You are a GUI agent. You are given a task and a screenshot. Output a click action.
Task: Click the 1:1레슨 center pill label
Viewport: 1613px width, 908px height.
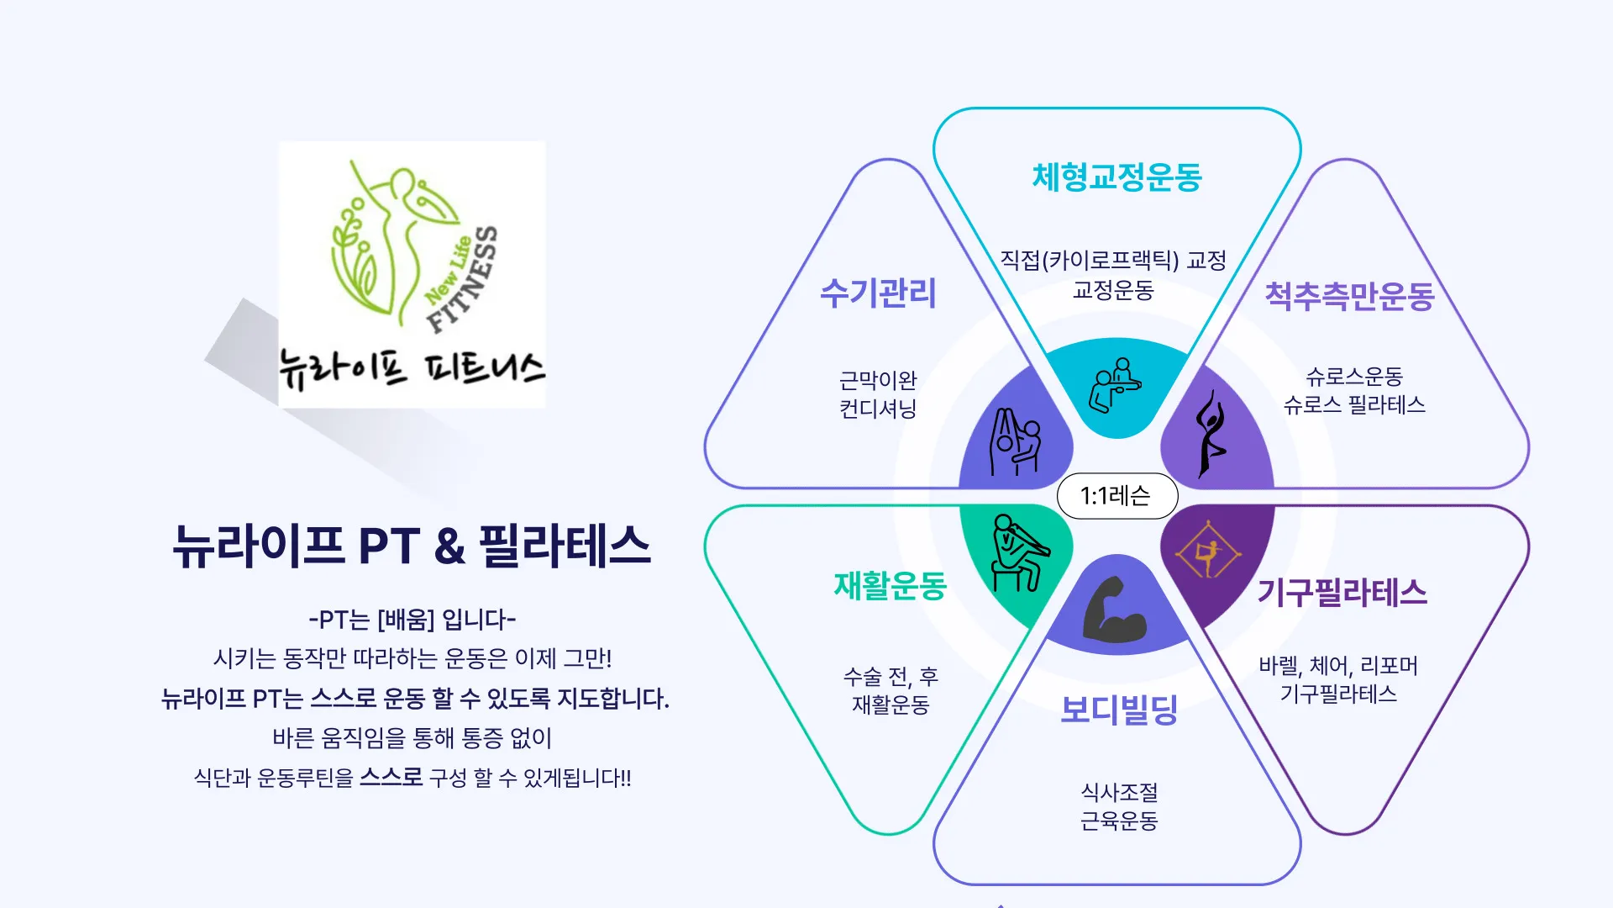click(x=1116, y=496)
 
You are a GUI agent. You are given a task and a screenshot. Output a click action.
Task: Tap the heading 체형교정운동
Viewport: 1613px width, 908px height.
click(x=1116, y=177)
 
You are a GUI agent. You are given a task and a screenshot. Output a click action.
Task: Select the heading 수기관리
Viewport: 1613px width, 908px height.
click(x=877, y=293)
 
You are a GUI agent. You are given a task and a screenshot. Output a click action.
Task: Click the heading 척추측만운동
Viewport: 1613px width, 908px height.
click(x=1349, y=296)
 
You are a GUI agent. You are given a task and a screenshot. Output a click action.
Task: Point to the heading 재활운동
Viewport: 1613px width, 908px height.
click(x=890, y=585)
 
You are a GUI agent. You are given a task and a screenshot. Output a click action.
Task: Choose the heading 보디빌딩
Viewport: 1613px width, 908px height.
click(x=1118, y=710)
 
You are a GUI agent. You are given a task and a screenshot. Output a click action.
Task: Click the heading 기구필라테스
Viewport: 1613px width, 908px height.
click(x=1342, y=593)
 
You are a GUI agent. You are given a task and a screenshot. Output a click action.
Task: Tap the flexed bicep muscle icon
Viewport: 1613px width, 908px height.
click(x=1114, y=610)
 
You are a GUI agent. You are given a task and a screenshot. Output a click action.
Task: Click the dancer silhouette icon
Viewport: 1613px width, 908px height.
click(x=1210, y=434)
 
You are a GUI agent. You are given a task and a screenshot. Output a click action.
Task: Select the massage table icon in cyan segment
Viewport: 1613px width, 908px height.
click(x=1115, y=386)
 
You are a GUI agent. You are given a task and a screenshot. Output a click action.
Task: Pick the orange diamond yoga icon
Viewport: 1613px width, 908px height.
click(x=1208, y=550)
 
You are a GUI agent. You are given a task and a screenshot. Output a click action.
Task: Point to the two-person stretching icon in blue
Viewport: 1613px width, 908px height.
click(x=1015, y=442)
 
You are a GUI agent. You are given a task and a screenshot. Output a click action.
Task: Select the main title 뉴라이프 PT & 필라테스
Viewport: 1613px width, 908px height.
click(x=412, y=546)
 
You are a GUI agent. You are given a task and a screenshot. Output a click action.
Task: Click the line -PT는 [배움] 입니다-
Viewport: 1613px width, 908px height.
click(x=412, y=620)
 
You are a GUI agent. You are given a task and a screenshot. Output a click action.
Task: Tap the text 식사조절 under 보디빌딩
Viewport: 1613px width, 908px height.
click(x=1118, y=792)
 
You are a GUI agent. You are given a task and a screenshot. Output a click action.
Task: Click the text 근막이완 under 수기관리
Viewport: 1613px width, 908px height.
click(x=877, y=380)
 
